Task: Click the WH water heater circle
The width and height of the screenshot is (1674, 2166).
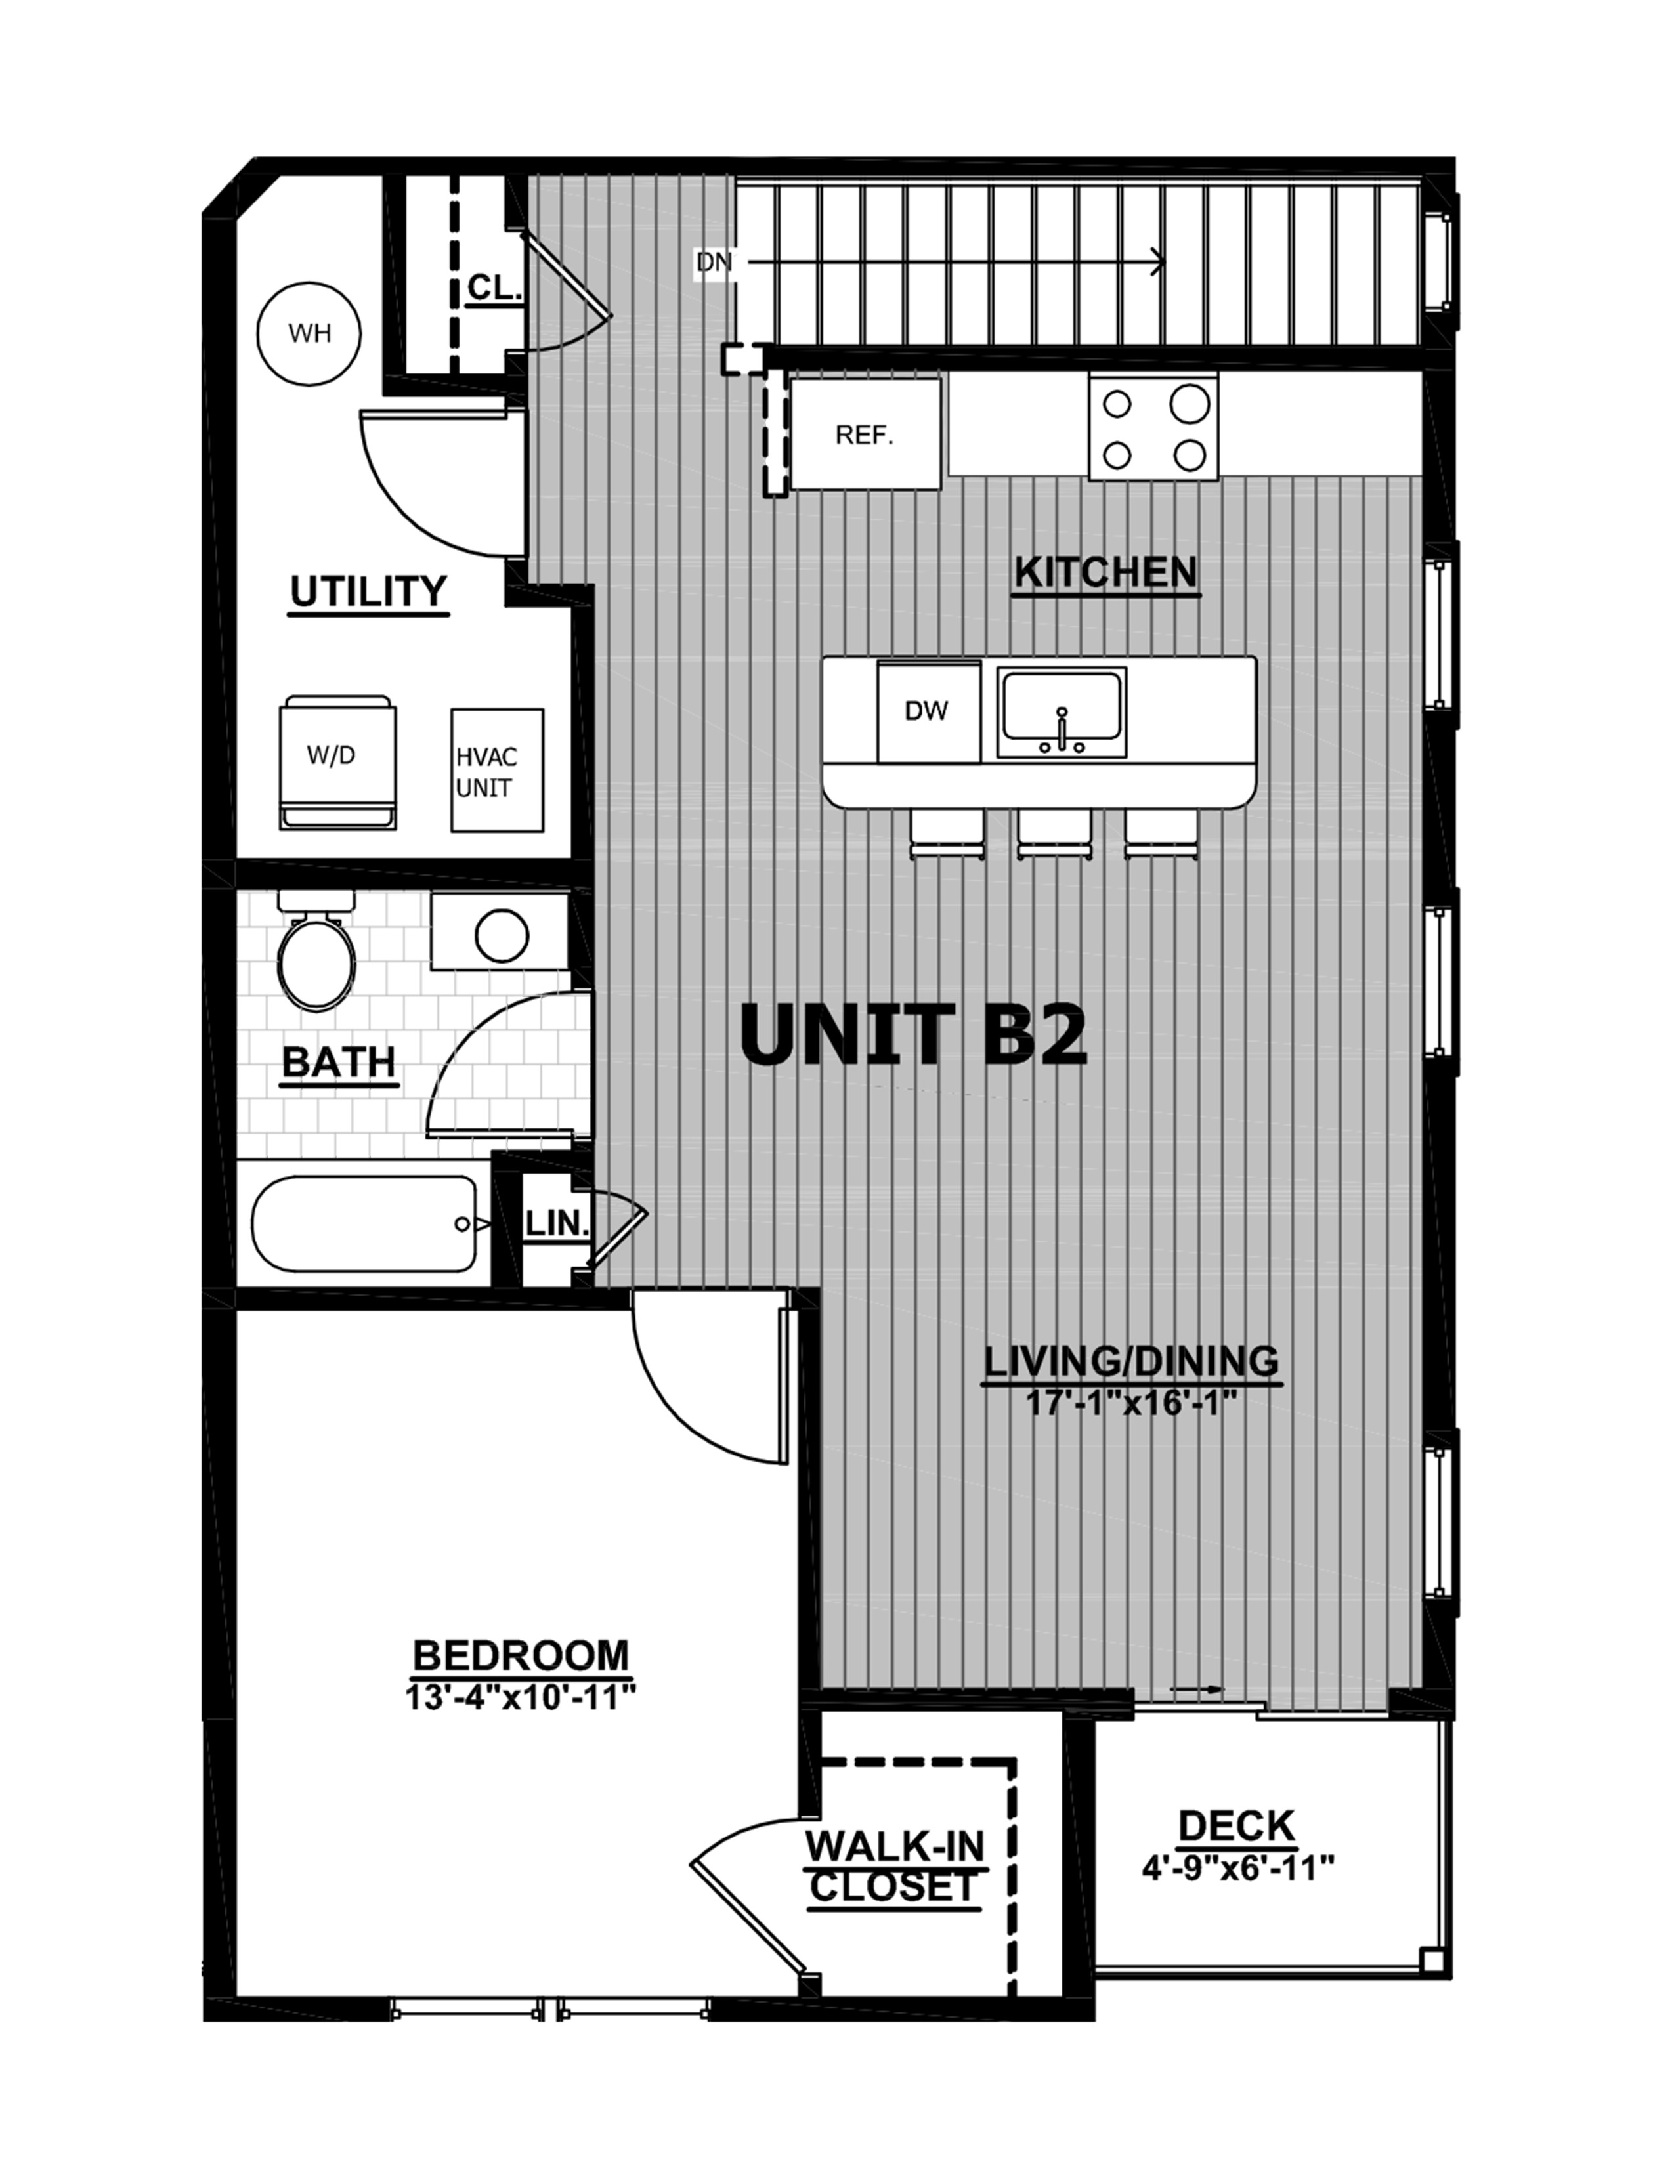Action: pyautogui.click(x=309, y=333)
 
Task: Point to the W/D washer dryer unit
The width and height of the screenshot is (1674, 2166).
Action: pyautogui.click(x=337, y=761)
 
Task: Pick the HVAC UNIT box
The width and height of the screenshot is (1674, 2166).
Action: pyautogui.click(x=497, y=771)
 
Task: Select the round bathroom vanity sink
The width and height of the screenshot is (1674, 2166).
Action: pyautogui.click(x=501, y=934)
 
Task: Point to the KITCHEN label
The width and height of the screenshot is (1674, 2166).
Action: pyautogui.click(x=1105, y=573)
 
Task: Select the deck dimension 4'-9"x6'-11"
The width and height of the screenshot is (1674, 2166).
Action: pyautogui.click(x=1237, y=1869)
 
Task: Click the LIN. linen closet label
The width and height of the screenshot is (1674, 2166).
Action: pyautogui.click(x=556, y=1224)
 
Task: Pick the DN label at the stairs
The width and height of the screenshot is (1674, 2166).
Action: pyautogui.click(x=714, y=263)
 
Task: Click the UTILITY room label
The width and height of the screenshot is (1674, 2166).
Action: pyautogui.click(x=368, y=592)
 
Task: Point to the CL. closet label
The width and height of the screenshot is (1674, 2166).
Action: pyautogui.click(x=494, y=287)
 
